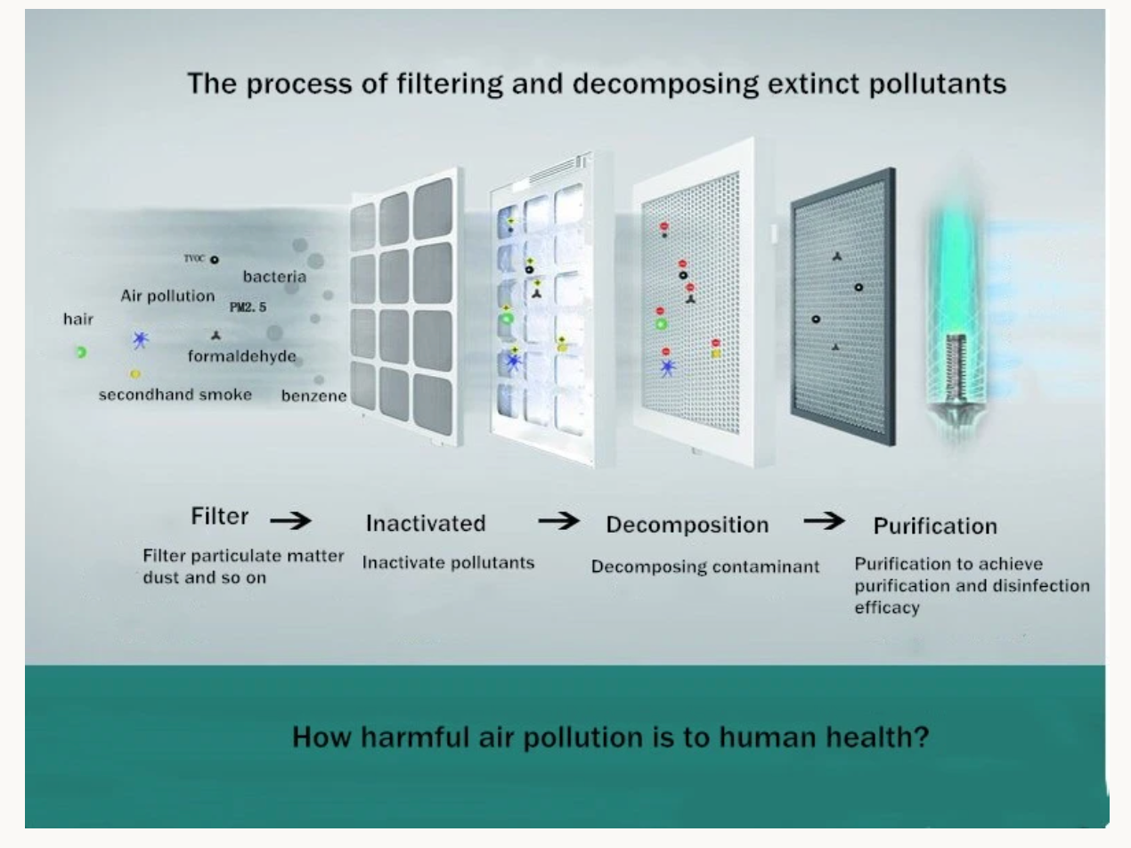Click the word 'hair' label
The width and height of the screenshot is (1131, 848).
[x=78, y=319]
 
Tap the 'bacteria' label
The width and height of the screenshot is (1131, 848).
[x=274, y=276]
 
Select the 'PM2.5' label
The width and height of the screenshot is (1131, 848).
[x=248, y=307]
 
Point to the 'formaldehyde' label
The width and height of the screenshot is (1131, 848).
[x=241, y=356]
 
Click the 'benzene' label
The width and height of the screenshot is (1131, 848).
[x=313, y=395]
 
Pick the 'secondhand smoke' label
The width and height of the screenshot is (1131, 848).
[x=175, y=394]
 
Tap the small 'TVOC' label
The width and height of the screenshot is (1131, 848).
[x=194, y=258]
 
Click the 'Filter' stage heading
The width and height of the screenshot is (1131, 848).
[x=219, y=517]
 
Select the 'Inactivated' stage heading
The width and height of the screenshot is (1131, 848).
[x=426, y=523]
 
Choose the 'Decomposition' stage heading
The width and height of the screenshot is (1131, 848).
[x=687, y=525]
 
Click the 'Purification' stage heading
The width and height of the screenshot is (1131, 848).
[x=934, y=526]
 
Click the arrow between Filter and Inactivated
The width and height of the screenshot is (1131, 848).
[x=290, y=519]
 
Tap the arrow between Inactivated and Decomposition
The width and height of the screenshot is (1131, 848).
[x=558, y=521]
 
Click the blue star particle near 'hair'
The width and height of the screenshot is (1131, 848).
[x=140, y=339]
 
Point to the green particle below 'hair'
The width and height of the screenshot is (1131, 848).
[x=80, y=353]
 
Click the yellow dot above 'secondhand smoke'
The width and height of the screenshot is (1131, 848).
[x=135, y=374]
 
